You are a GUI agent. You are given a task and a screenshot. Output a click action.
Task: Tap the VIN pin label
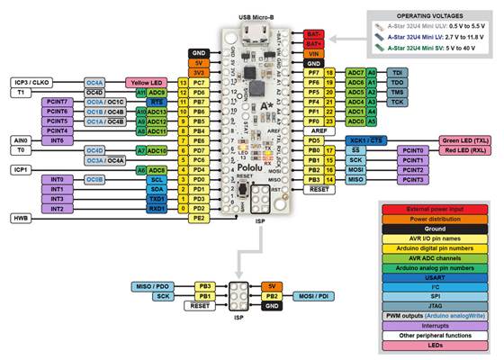pos(312,52)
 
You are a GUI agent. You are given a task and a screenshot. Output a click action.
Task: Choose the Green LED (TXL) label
pos(465,140)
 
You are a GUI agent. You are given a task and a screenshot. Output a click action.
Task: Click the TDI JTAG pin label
pos(397,71)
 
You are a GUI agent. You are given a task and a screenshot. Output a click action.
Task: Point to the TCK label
pos(397,102)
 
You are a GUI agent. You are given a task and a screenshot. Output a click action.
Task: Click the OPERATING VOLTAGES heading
pos(434,16)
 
